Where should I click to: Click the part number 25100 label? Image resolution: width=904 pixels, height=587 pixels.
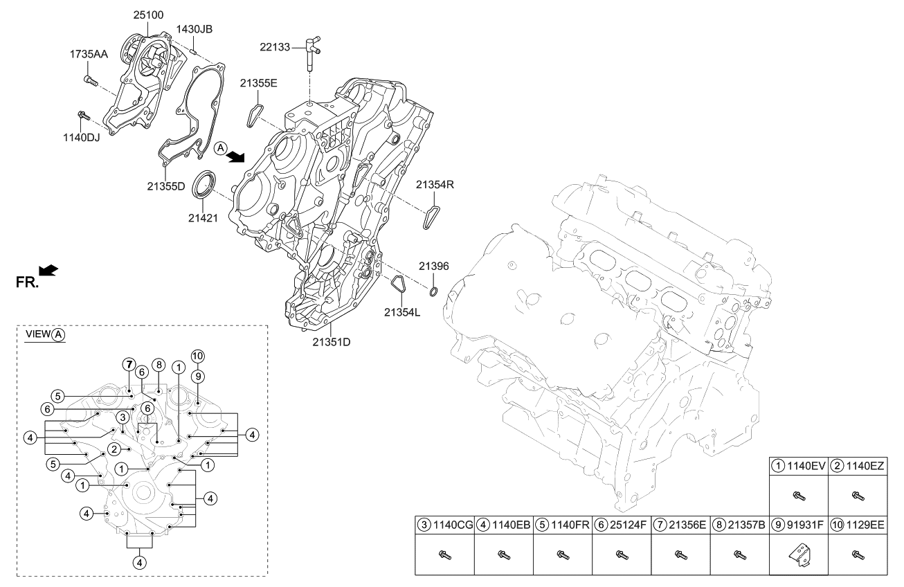147,13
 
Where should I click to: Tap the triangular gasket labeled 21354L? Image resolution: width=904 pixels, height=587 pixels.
398,285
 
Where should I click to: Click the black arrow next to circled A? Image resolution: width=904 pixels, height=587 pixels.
237,156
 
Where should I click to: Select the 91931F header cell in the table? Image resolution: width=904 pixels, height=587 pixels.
798,525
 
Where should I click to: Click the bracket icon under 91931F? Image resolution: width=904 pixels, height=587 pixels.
799,554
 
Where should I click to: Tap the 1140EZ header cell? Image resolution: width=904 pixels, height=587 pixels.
858,467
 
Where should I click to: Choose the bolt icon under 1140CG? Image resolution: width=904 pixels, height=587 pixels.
444,554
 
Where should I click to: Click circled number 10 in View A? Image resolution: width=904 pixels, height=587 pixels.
197,356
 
